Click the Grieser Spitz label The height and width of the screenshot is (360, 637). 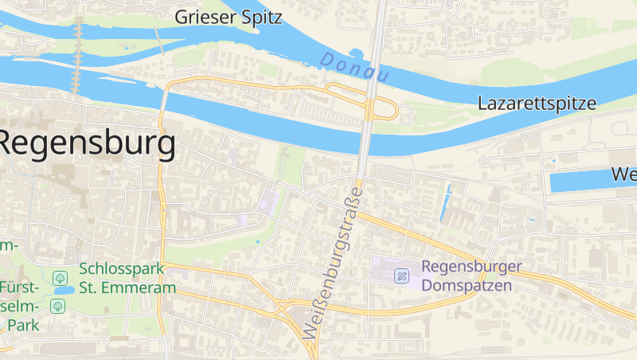229,17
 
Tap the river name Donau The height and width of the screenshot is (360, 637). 355,68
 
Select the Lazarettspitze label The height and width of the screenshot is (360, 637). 536,104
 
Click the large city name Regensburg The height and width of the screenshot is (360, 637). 86,144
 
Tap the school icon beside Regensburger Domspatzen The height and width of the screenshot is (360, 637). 402,276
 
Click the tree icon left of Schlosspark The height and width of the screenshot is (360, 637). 59,278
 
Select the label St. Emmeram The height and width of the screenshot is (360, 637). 127,288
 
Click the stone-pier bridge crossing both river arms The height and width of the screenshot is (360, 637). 78,56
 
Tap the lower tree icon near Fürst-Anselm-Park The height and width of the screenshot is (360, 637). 57,305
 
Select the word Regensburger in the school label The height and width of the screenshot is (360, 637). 471,267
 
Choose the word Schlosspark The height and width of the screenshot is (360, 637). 127,269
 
